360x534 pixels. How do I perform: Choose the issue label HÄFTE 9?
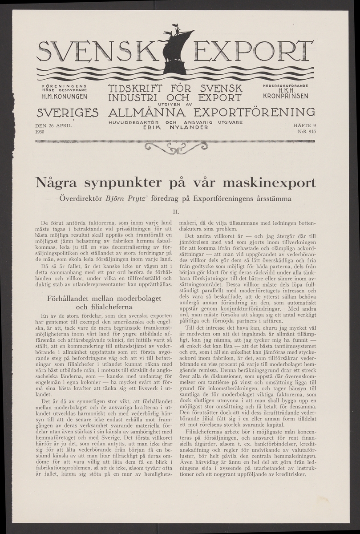pos(305,126)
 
